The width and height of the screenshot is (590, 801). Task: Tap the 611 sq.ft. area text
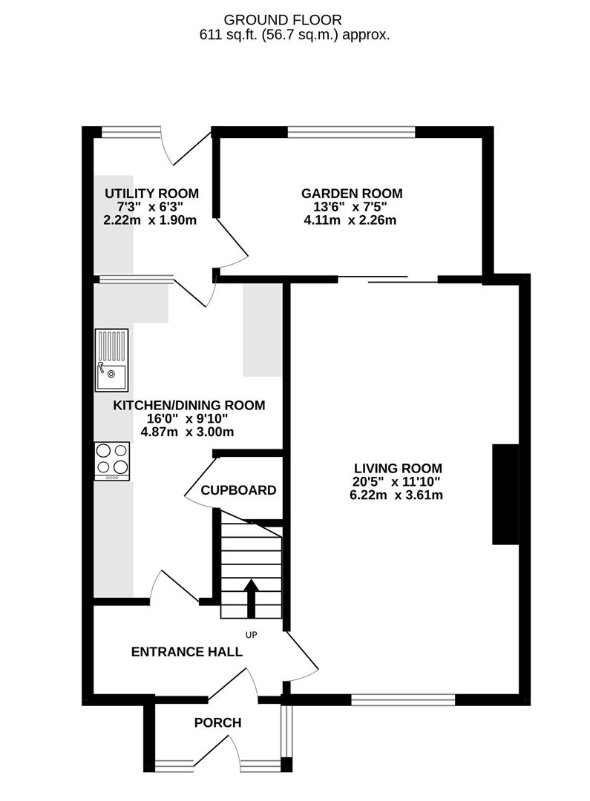point(294,34)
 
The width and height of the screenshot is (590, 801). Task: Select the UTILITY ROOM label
point(151,194)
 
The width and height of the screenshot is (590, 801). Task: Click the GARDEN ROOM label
point(352,194)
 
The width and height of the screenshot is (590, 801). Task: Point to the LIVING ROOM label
point(398,468)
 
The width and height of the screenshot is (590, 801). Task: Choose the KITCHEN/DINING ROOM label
point(189,405)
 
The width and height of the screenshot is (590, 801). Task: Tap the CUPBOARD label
point(238,490)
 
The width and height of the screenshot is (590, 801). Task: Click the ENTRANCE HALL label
point(186,652)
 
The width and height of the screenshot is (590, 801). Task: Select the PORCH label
point(217,722)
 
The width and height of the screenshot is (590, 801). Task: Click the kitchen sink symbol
point(111,360)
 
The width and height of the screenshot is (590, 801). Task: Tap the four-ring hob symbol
point(112,461)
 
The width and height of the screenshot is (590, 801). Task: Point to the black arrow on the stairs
point(251,598)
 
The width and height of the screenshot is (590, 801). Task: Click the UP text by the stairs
point(252,635)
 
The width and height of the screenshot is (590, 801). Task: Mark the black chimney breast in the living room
point(506,495)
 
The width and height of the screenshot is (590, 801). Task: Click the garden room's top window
point(351,132)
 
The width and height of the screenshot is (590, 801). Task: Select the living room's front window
point(403,699)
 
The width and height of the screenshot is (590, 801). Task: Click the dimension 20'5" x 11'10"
point(396,481)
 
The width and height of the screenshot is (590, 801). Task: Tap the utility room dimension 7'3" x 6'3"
point(151,207)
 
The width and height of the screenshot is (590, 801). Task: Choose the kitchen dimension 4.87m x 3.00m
point(189,432)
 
